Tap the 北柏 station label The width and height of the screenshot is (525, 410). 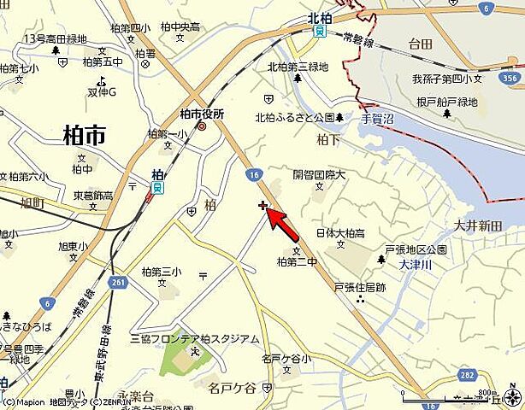(319, 16)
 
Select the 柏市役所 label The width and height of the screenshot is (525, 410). (202, 114)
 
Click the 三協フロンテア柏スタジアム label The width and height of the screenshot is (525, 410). (194, 339)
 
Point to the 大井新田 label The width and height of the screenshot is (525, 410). (477, 226)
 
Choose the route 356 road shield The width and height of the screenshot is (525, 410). (511, 78)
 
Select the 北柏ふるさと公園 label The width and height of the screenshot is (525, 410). (294, 118)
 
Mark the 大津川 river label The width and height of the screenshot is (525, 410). (416, 265)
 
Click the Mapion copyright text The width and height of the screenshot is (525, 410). (24, 401)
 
